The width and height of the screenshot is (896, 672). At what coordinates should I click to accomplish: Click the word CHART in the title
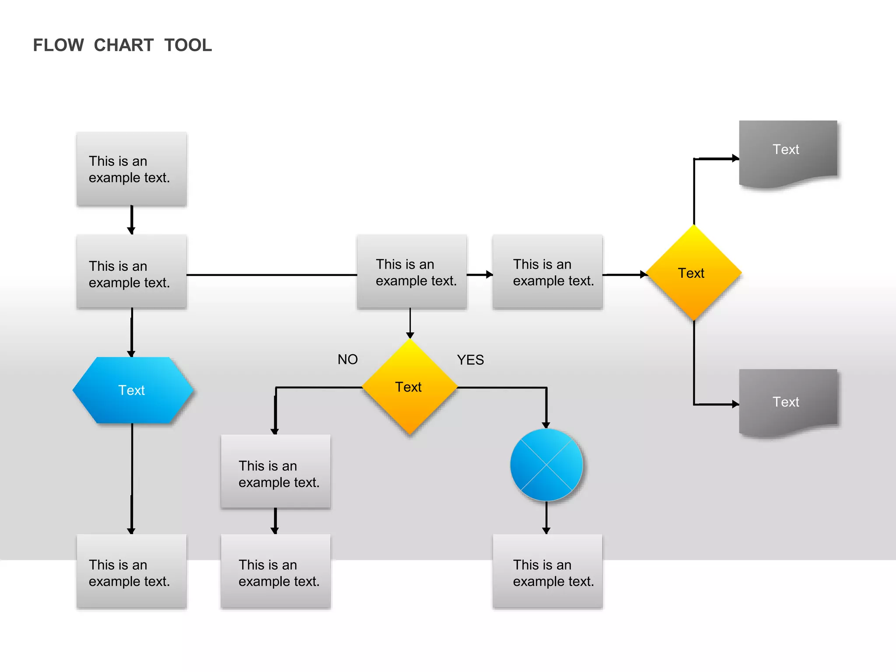point(123,45)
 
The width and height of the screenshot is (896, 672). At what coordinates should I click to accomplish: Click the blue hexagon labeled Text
point(132,390)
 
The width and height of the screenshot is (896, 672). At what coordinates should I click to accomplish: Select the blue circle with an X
point(546,465)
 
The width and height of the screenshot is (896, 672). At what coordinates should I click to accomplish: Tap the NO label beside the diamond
point(347,360)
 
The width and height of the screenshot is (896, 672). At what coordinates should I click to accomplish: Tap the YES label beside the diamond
point(470,360)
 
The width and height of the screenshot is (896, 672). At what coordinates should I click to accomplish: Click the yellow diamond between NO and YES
point(409,387)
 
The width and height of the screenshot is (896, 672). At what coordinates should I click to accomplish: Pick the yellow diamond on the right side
point(693,273)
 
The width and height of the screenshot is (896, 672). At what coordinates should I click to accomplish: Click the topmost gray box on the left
point(131,169)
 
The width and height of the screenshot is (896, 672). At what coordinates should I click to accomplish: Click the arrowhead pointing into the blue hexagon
point(131,353)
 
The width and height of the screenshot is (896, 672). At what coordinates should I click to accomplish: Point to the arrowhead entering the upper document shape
point(735,158)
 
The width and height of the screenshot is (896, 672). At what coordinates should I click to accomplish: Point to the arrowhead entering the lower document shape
point(735,404)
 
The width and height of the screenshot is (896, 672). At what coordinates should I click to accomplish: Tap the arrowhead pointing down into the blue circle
point(546,425)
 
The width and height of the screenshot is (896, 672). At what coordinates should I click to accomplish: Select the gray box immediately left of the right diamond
point(547,272)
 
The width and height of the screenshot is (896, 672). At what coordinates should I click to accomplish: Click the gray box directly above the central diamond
point(411,272)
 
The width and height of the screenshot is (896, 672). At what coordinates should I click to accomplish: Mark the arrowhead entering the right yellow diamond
point(643,275)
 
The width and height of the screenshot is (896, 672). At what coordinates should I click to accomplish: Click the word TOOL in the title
point(188,45)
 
